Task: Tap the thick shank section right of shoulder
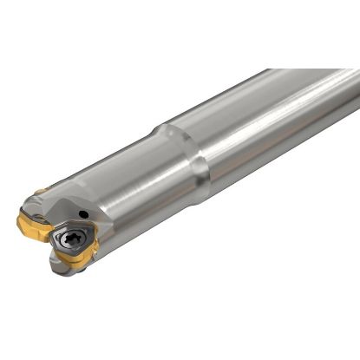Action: tap(260, 121)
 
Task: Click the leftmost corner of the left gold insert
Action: tap(18, 223)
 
